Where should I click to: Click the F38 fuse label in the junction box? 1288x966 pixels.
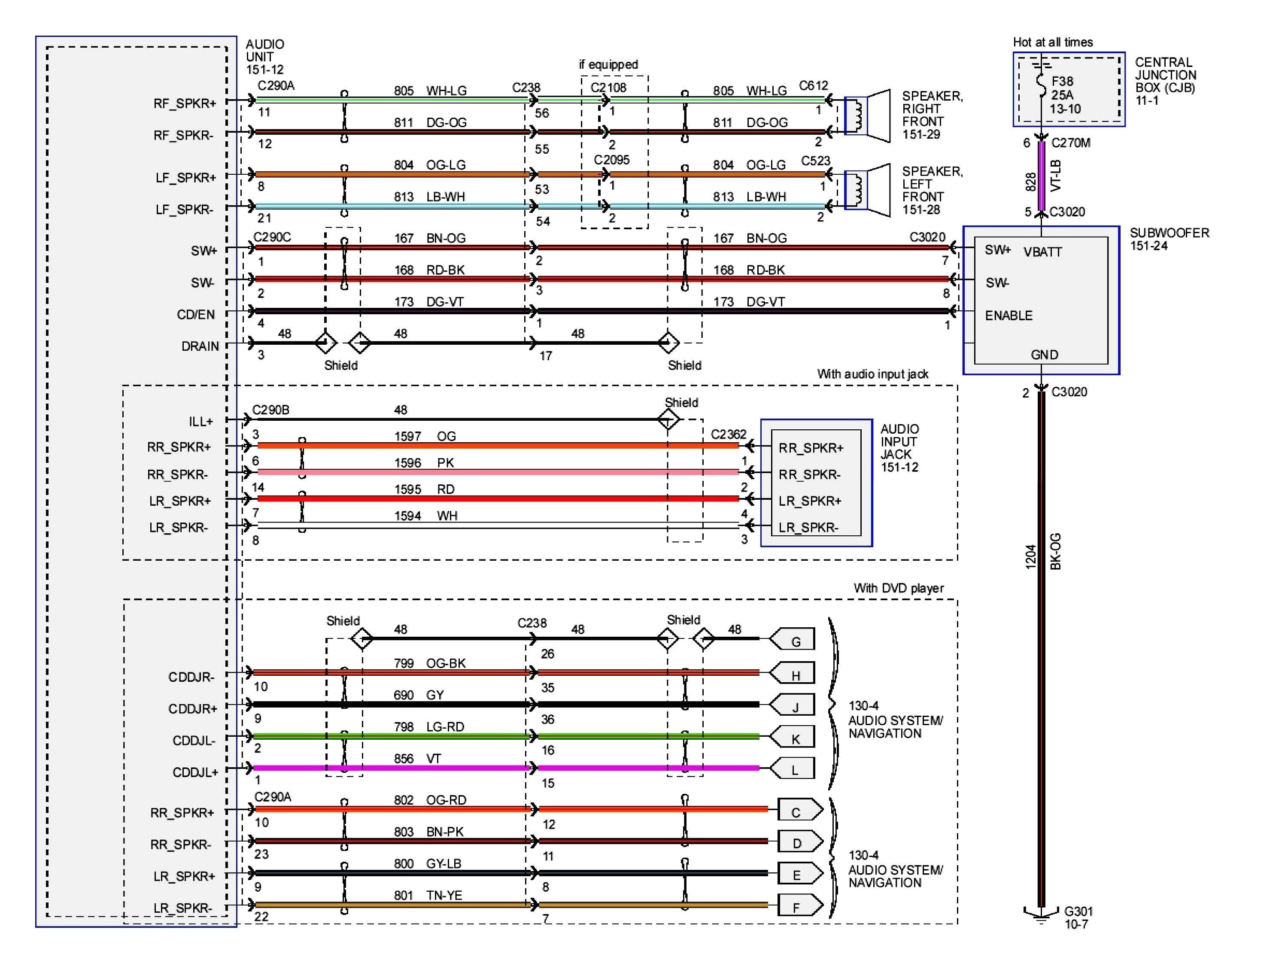click(1062, 82)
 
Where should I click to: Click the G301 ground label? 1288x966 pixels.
click(1078, 911)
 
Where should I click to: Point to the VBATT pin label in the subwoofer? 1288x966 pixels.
click(1042, 252)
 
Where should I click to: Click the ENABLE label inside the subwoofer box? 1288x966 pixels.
click(1009, 316)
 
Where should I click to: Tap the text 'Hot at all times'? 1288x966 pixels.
click(1052, 42)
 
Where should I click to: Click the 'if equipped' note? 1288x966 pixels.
click(608, 64)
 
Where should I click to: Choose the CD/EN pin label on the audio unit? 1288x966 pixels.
click(196, 314)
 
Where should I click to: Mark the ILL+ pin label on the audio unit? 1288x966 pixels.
click(200, 421)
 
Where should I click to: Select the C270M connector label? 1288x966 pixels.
click(1070, 143)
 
